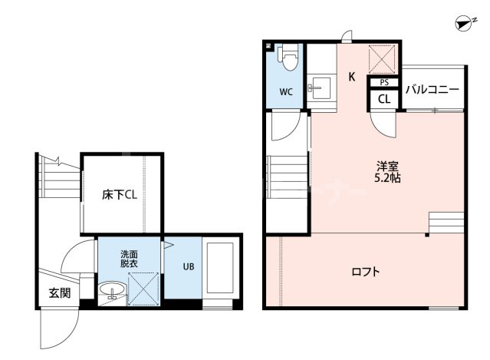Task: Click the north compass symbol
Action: click(465, 25)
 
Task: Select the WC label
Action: click(286, 92)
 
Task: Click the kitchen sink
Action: click(319, 88)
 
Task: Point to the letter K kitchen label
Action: click(352, 77)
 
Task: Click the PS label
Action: click(384, 83)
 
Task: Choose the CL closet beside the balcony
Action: click(384, 99)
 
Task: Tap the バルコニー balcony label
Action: click(432, 90)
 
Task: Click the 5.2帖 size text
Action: click(387, 178)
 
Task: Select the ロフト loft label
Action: click(366, 271)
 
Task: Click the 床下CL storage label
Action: click(120, 195)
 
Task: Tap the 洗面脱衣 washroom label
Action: click(129, 259)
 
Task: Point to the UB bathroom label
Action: click(189, 267)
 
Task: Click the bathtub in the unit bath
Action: click(220, 268)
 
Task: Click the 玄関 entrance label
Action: click(59, 293)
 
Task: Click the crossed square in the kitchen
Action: click(382, 59)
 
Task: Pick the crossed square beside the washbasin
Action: click(143, 289)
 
